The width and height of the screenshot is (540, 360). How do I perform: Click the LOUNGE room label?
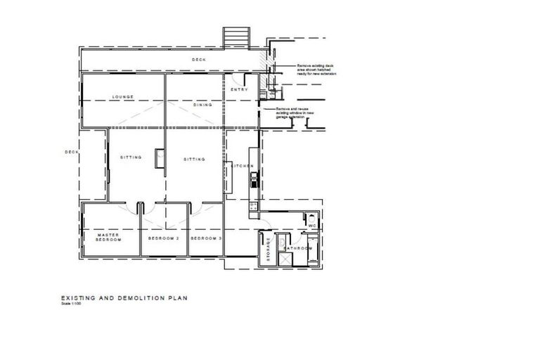[x=122, y=97]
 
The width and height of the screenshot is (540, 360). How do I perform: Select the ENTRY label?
[x=240, y=89]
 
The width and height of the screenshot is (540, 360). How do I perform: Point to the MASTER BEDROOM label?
[x=109, y=238]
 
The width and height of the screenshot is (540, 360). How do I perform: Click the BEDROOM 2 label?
[x=164, y=238]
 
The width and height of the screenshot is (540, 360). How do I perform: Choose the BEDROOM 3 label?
[x=207, y=238]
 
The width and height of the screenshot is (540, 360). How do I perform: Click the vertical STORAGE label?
[x=269, y=250]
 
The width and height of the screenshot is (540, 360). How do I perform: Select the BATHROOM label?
[x=297, y=248]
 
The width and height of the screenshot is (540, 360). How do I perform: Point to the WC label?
[x=313, y=226]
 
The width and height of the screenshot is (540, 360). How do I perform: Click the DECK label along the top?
[x=199, y=60]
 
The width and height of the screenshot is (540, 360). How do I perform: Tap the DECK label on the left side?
[x=70, y=152]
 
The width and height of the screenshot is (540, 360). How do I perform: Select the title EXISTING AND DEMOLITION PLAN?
[x=124, y=298]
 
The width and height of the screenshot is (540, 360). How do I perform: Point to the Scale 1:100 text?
[x=71, y=304]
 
